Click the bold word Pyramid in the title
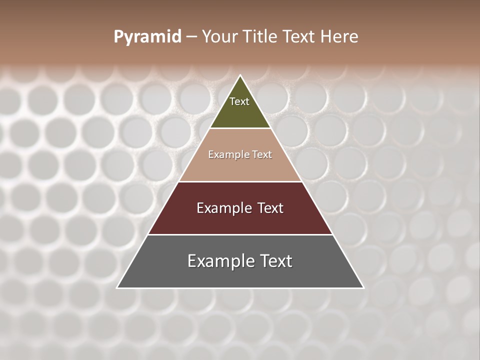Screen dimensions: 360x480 [147, 37]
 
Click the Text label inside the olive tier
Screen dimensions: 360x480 [239, 101]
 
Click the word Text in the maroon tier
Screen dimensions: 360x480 [270, 208]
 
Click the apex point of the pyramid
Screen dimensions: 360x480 [240, 76]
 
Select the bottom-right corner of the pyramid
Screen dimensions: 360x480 [363, 287]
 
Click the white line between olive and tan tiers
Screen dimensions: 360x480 [240, 128]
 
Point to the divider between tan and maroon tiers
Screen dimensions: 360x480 [240, 181]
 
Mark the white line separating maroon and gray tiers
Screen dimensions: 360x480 [240, 234]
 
